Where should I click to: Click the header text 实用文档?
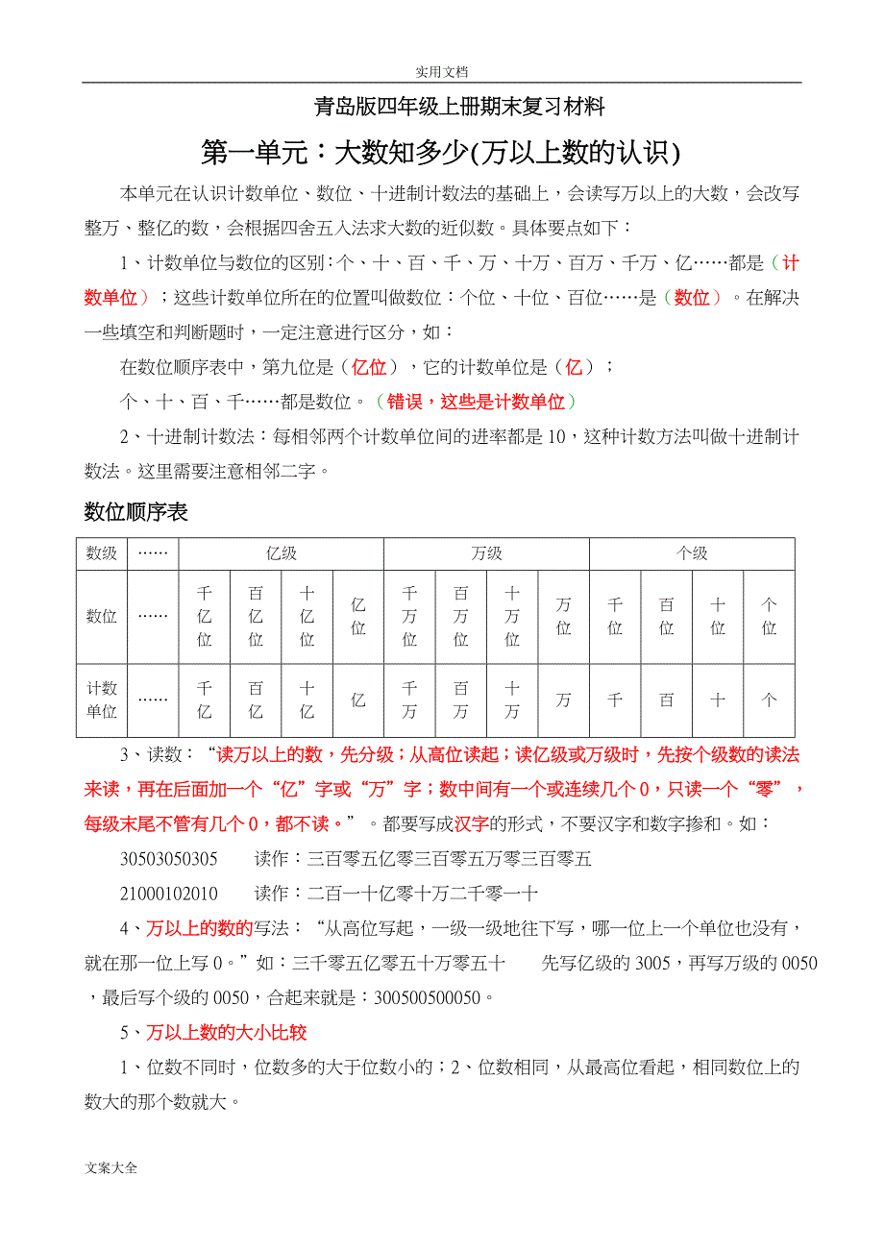[x=441, y=71]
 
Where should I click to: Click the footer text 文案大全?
[x=111, y=1168]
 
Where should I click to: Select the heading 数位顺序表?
[x=135, y=512]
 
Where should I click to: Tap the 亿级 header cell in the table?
[x=281, y=553]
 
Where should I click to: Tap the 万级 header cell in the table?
[x=486, y=553]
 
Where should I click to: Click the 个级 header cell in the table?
[x=692, y=553]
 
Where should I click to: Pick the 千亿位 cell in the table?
[x=204, y=616]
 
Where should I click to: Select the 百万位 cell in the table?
[x=460, y=616]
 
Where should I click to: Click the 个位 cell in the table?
[x=769, y=616]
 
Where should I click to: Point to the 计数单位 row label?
[x=102, y=699]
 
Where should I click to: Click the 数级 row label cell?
[x=102, y=553]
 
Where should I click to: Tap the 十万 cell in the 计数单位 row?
[x=512, y=699]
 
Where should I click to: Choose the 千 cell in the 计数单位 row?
[x=615, y=700]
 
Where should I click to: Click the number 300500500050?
[x=423, y=997]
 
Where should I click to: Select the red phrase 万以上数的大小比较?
[x=227, y=1033]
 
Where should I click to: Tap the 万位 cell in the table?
[x=563, y=616]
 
